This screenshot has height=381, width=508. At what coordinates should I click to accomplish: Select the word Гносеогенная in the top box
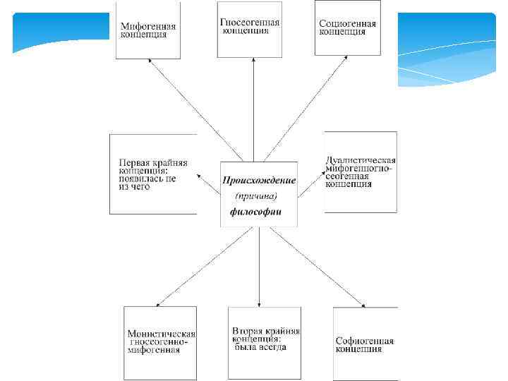coord(249,22)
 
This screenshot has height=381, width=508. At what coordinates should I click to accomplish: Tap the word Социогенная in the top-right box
coord(347,23)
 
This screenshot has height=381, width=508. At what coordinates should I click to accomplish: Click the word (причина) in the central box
coord(256,196)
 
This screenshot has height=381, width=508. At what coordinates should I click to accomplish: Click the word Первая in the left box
coord(134,162)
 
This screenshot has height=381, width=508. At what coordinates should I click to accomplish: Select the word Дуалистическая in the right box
coord(361,160)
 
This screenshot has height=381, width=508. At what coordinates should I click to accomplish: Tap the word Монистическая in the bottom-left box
coord(161,334)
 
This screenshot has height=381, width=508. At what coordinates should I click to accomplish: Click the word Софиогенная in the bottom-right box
coord(364,341)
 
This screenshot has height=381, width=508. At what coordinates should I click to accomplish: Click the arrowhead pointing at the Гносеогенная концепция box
coord(251,60)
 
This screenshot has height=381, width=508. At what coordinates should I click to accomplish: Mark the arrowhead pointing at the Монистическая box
coord(157,304)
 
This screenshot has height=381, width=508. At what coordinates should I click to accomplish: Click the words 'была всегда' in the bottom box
coord(260,347)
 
